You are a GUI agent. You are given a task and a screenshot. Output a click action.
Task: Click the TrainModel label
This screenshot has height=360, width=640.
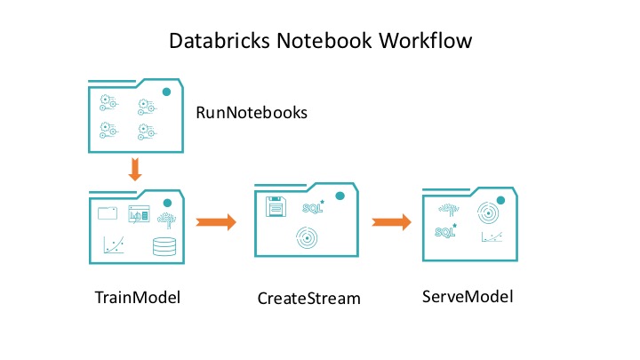[x=138, y=296]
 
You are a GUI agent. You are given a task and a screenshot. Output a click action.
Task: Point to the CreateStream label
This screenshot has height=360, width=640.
[x=309, y=298]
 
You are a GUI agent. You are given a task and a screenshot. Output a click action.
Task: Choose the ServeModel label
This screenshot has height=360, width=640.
[x=468, y=295]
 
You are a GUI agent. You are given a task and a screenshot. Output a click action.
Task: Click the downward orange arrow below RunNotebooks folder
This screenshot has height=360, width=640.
[x=135, y=169]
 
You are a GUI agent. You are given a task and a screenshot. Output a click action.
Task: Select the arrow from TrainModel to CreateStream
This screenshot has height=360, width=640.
[x=215, y=222]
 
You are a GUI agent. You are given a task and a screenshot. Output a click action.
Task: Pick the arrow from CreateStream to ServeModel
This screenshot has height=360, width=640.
[x=391, y=222]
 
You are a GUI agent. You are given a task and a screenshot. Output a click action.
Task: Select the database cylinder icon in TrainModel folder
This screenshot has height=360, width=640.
[x=164, y=246]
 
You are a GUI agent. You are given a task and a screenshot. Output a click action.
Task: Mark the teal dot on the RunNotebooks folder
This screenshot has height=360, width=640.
[x=166, y=92]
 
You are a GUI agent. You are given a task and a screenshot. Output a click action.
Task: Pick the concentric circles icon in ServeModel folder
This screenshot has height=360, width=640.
[x=489, y=212]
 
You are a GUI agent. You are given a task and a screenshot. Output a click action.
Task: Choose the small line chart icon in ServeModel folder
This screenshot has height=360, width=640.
[x=491, y=236]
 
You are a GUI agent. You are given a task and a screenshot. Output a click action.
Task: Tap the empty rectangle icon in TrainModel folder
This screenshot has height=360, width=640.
[x=108, y=213]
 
